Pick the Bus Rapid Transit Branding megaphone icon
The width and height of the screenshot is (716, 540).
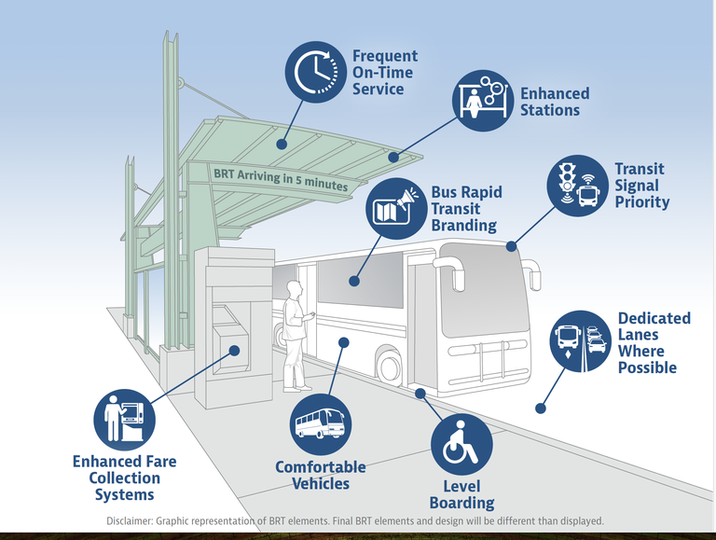[394, 210]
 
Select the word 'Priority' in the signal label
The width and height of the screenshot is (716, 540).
[641, 201]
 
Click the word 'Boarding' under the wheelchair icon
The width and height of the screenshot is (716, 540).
[461, 504]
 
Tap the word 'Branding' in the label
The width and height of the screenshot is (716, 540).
[463, 226]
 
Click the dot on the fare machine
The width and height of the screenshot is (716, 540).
[235, 351]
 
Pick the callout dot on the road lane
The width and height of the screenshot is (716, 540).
[540, 408]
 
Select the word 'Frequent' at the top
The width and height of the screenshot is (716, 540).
[385, 57]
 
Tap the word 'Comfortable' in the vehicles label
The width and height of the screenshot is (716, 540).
[320, 467]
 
